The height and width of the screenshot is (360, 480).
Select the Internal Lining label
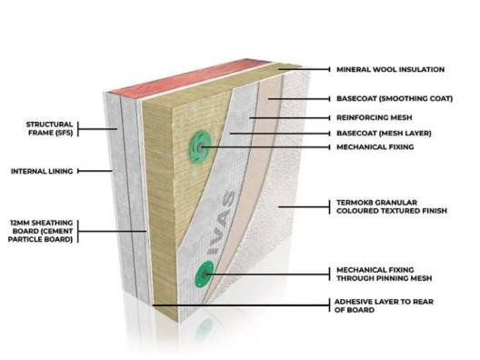pos(35,170)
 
